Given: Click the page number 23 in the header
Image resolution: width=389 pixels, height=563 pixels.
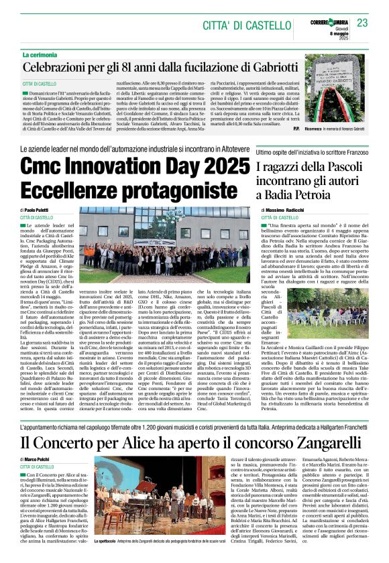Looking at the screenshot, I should [x=363, y=23].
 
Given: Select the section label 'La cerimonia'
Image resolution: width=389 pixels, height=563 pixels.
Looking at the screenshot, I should [x=42, y=55].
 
